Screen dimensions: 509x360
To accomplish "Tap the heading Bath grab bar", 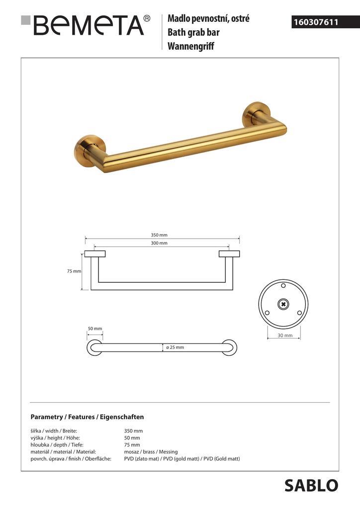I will pyautogui.click(x=193, y=33).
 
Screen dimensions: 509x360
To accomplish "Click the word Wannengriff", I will pyautogui.click(x=190, y=47).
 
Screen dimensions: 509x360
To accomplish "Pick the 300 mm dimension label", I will pyautogui.click(x=160, y=243).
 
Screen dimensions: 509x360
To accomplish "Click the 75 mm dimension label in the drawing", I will pyautogui.click(x=74, y=271).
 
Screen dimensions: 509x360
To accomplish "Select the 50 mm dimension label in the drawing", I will pyautogui.click(x=94, y=329).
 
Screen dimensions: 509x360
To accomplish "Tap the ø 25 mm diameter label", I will pyautogui.click(x=175, y=347).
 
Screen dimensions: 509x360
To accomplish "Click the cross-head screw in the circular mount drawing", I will pyautogui.click(x=283, y=304).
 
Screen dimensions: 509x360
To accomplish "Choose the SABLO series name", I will pyautogui.click(x=311, y=485).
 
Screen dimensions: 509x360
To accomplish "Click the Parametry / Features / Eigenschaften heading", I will pyautogui.click(x=87, y=417).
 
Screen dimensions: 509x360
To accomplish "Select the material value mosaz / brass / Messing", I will pyautogui.click(x=151, y=452).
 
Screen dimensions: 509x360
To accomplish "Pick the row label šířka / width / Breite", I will pyautogui.click(x=54, y=431).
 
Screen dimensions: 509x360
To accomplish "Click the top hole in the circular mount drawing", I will pyautogui.click(x=283, y=286).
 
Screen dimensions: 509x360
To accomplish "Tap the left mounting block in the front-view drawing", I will pyautogui.click(x=94, y=254).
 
